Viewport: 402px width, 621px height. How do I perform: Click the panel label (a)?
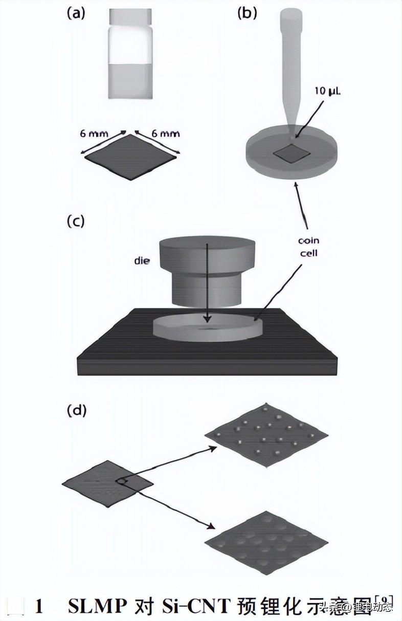[x=76, y=14]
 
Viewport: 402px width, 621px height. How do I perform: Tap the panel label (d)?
[x=76, y=410]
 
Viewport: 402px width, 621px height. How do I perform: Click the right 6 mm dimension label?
[x=165, y=134]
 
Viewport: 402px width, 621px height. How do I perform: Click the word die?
[x=142, y=261]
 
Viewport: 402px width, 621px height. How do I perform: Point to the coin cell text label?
[x=308, y=246]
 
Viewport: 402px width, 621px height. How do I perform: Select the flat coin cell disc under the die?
[x=207, y=327]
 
